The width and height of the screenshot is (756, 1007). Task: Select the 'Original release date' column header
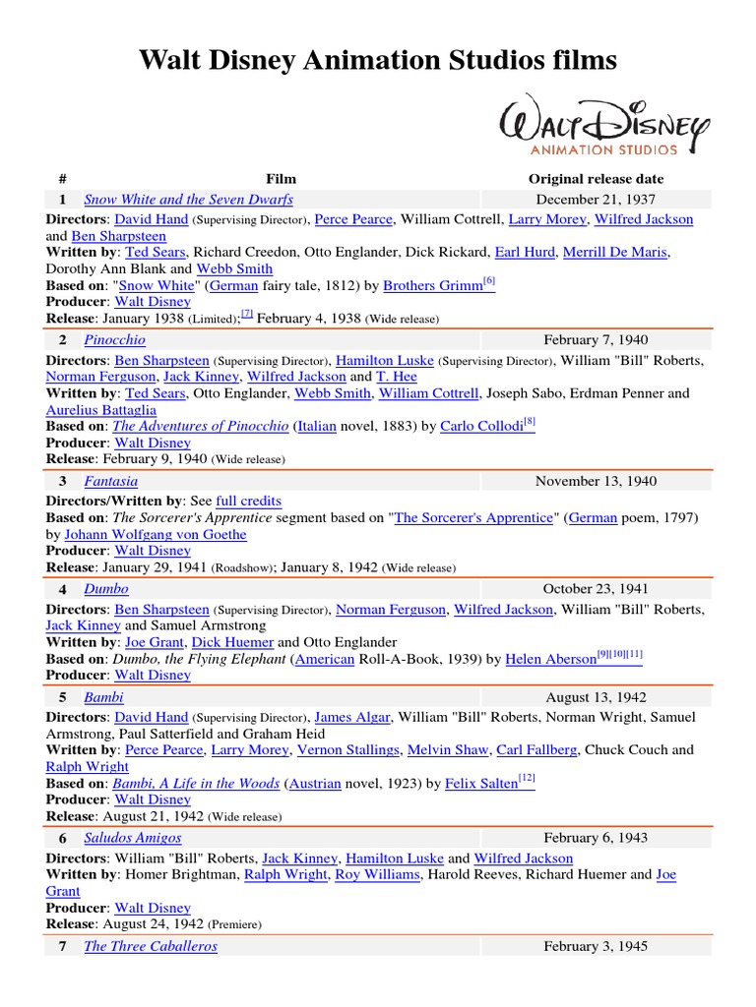click(596, 179)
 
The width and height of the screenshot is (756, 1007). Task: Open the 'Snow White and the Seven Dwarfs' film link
click(188, 200)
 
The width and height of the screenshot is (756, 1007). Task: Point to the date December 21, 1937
click(596, 200)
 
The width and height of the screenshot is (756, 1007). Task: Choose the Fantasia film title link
click(111, 481)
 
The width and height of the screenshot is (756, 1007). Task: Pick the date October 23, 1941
click(596, 589)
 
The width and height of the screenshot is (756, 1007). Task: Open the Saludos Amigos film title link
click(133, 838)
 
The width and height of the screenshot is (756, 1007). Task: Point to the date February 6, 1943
click(596, 838)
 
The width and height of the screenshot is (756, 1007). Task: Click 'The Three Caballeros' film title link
click(151, 946)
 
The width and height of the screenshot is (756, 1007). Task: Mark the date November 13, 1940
click(596, 481)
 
